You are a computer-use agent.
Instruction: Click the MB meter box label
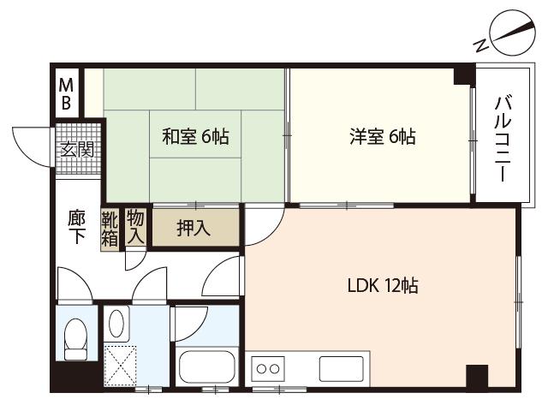[67, 93]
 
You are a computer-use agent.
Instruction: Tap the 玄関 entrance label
[78, 149]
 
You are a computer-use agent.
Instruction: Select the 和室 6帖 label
[196, 136]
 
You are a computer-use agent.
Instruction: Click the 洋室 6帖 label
[383, 136]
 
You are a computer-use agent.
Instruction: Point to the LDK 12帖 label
[383, 285]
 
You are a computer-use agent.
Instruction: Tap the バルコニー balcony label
[503, 139]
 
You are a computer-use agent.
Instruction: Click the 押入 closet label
[194, 229]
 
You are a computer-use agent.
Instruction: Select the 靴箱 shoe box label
[110, 229]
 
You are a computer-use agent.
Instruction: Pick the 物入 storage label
[135, 227]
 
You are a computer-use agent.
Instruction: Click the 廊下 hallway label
[76, 226]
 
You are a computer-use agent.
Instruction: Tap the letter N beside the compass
[480, 45]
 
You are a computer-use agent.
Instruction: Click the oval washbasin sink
[116, 324]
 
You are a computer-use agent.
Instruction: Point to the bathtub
[207, 367]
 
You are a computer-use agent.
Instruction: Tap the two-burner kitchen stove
[268, 369]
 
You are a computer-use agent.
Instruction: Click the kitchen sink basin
[341, 369]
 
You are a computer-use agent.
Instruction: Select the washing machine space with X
[120, 366]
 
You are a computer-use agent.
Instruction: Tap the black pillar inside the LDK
[477, 376]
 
